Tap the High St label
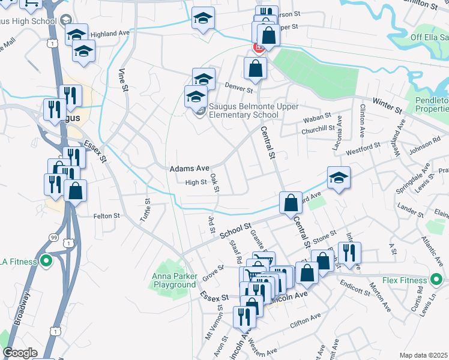pos(196,182)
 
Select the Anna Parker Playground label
pos(173,280)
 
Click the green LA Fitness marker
pos(45,262)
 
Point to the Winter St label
pos(388,106)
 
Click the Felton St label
pos(107,215)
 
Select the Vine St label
pos(124,80)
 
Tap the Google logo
pos(20,353)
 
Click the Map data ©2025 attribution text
pos(423,355)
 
